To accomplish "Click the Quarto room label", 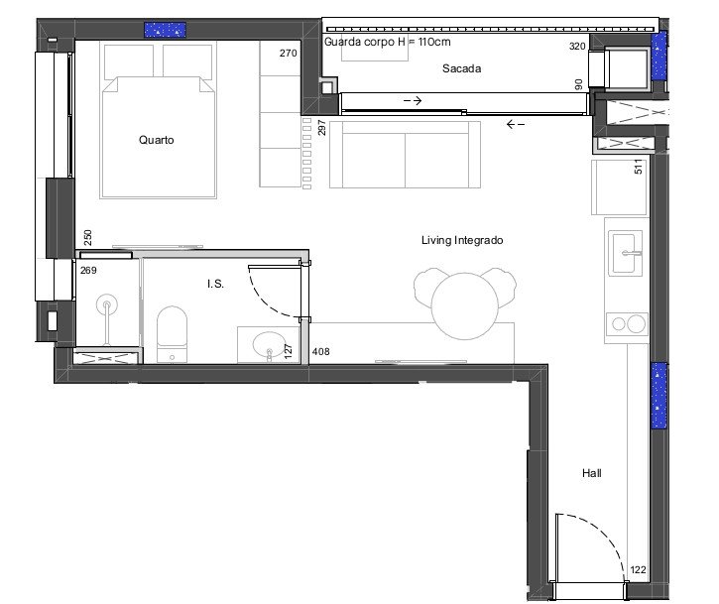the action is click(x=157, y=140).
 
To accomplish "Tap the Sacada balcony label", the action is click(x=462, y=68).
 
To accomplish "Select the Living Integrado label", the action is click(x=462, y=240).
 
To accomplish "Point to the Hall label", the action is click(x=591, y=473).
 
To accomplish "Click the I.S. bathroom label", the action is click(x=215, y=284).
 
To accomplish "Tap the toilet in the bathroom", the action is click(x=172, y=334).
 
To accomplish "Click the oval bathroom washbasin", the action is click(x=269, y=345).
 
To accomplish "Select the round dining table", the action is click(x=464, y=305).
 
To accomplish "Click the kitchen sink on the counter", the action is click(x=625, y=253).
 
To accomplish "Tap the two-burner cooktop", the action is click(x=627, y=324).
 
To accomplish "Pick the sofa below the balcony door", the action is click(x=405, y=155).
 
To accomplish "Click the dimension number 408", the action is click(x=321, y=352).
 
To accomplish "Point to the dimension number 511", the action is click(x=639, y=167).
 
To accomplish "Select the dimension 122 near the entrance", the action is click(x=638, y=570).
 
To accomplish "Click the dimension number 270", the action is click(x=289, y=54).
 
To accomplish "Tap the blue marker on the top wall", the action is click(x=165, y=30).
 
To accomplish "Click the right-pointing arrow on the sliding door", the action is click(x=413, y=100).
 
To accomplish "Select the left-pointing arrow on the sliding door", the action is click(x=516, y=124).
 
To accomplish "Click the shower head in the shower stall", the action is click(x=107, y=304).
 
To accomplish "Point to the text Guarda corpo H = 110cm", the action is click(x=388, y=42).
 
